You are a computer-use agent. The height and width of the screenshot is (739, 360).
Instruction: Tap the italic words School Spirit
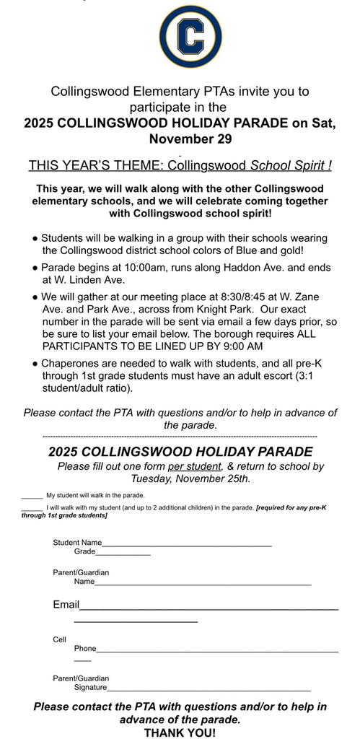coord(290,165)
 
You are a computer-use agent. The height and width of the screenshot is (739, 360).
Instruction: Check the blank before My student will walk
coord(32,497)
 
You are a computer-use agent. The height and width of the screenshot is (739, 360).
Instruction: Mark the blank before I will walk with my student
coord(32,509)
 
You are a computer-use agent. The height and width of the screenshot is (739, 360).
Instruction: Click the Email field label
coord(66,604)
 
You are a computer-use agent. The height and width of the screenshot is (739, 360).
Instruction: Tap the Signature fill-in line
coord(209,690)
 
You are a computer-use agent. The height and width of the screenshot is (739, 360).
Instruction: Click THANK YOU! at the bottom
coord(180,732)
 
